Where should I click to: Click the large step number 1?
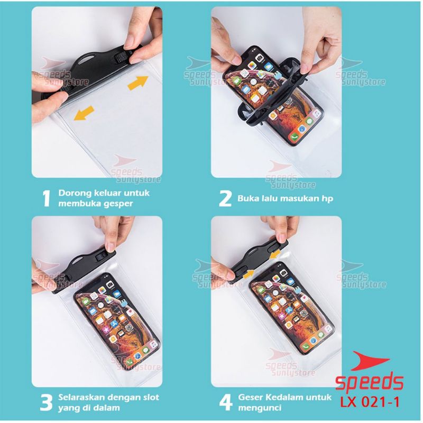(x=47, y=199)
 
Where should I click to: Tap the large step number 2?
(x=225, y=199)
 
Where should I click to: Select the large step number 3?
(x=46, y=402)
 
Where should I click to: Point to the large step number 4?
(x=226, y=402)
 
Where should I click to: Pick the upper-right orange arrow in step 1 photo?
(x=138, y=82)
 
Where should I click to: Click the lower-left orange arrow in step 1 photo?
(x=84, y=113)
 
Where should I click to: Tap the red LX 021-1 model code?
(x=370, y=402)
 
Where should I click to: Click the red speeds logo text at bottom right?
(x=369, y=382)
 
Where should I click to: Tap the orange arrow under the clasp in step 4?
(x=249, y=273)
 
